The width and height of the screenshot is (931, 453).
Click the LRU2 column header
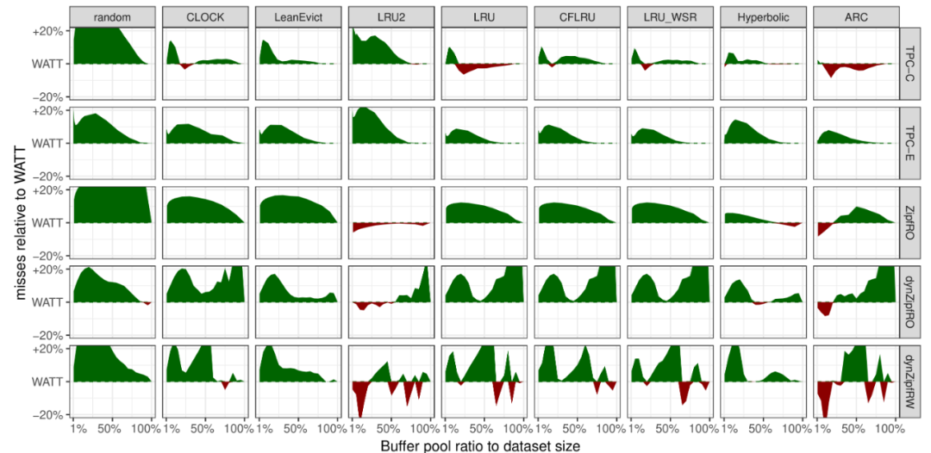pos(390,16)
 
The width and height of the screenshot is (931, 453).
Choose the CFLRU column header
pos(575,16)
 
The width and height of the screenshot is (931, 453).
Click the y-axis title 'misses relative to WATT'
pos(19,222)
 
